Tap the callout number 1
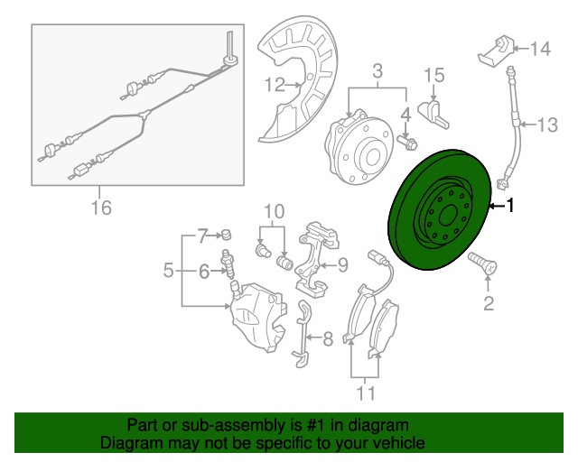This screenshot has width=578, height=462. (510, 205)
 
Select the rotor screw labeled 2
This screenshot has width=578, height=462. (482, 263)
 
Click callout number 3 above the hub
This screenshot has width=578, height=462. (378, 71)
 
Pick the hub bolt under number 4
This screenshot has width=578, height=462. (407, 143)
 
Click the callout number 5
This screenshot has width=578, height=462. (168, 271)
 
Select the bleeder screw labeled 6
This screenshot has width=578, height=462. (228, 264)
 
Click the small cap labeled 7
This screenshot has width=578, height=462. (227, 235)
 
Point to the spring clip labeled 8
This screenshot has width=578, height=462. (303, 334)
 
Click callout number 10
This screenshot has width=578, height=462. (275, 211)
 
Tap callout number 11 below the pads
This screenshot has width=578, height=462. (366, 393)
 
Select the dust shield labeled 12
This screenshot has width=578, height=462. (297, 79)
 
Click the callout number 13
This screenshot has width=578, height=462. (548, 125)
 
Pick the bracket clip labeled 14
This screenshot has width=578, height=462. (496, 51)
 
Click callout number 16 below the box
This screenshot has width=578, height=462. (101, 208)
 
